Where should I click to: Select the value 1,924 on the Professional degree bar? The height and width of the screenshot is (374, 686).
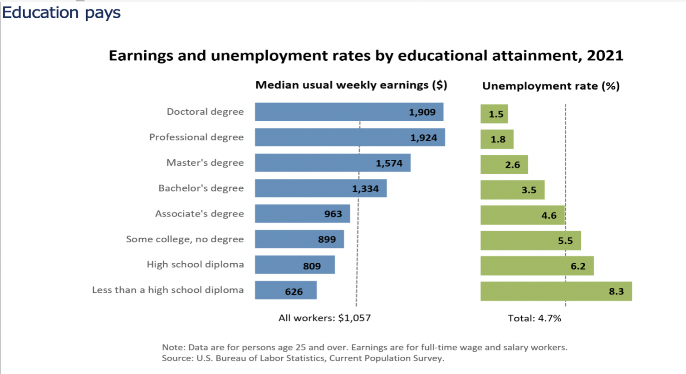424,138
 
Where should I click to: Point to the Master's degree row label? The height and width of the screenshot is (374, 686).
205,162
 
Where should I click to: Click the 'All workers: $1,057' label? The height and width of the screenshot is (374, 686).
324,318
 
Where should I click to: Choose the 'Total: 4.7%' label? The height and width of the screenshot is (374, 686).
534,318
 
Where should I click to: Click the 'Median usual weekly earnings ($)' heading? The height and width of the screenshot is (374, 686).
351,85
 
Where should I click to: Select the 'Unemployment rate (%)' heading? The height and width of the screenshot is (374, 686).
551,86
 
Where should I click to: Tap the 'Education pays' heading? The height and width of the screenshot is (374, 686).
61,13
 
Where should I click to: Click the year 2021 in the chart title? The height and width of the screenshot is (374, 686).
605,55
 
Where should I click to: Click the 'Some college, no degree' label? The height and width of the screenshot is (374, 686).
185,239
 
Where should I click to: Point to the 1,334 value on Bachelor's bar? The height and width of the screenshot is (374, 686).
365,189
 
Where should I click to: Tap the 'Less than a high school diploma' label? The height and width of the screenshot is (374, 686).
167,290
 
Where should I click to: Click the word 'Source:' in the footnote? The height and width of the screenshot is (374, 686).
177,358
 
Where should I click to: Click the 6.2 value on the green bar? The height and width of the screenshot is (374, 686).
578,266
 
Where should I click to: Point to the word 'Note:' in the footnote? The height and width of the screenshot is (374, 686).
173,347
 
